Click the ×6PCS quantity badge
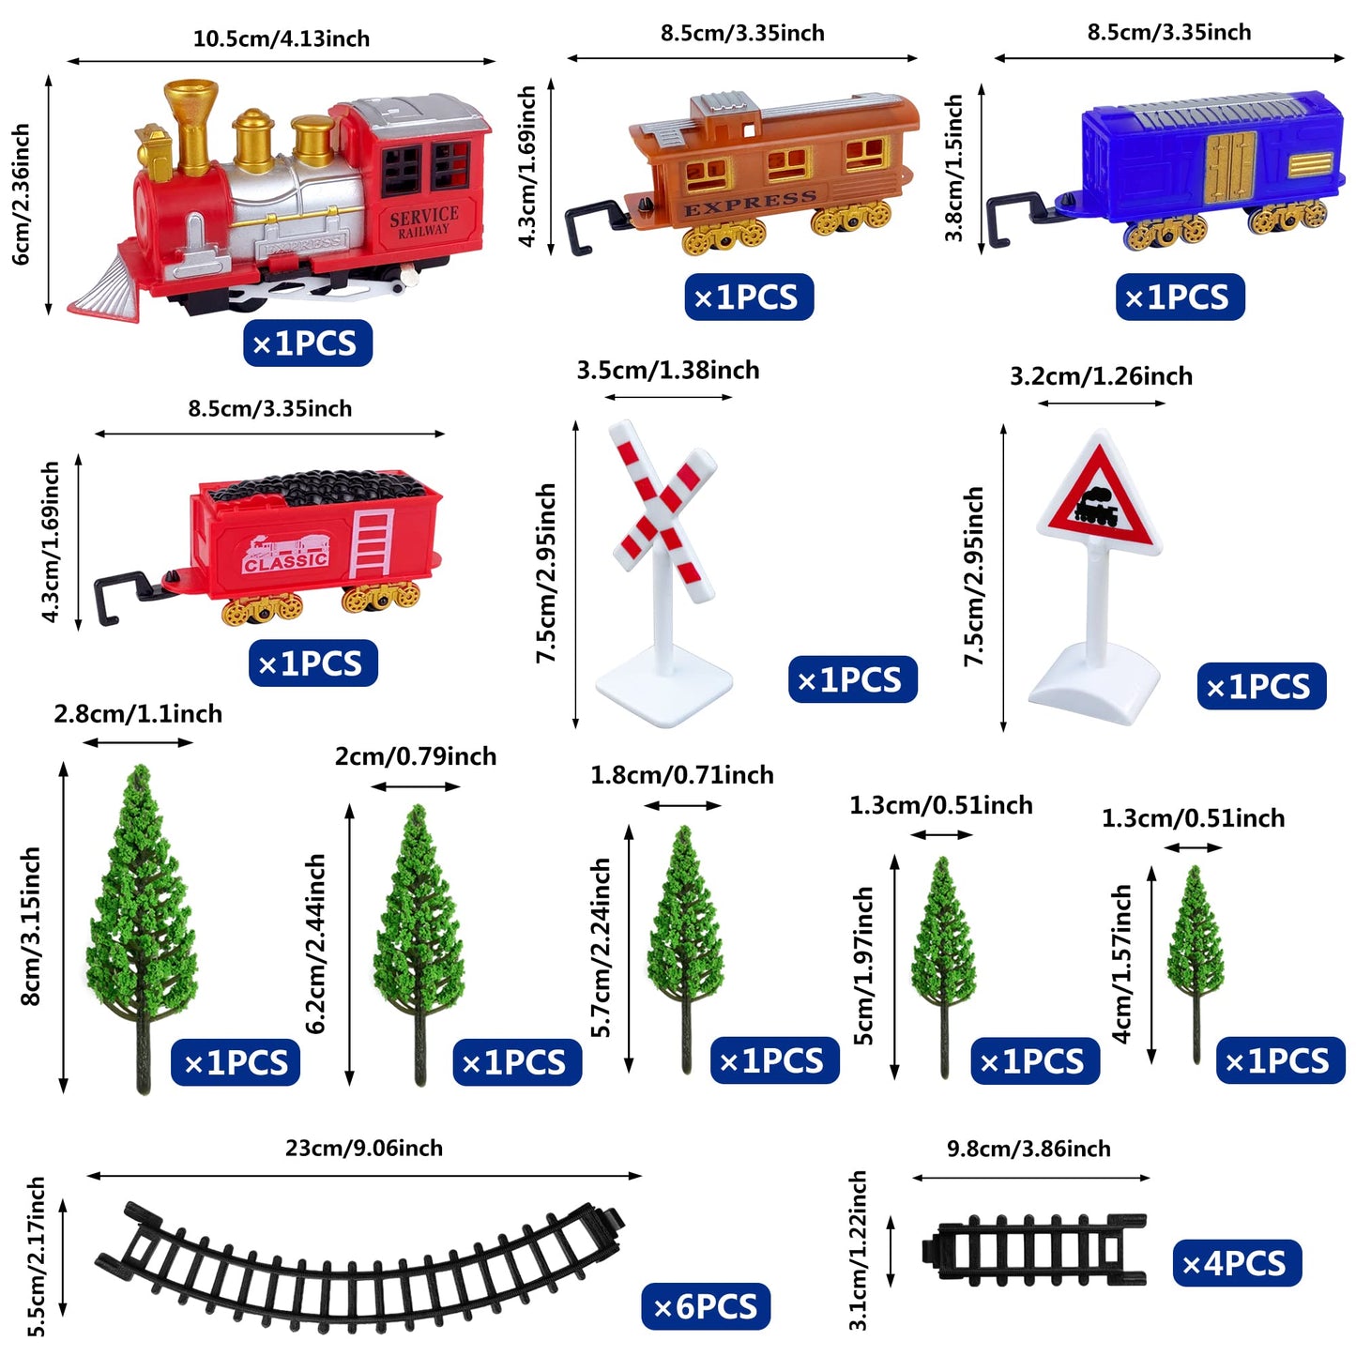tap(705, 1306)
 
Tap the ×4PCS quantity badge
tap(1237, 1263)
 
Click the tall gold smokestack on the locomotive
tap(190, 127)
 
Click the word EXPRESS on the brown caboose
tap(750, 203)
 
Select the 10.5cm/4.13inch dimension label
tap(282, 38)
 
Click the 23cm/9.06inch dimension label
tap(364, 1148)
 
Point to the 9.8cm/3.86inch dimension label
tap(1028, 1149)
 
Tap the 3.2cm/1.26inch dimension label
tap(1102, 375)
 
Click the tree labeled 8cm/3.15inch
tap(142, 928)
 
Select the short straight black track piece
tap(1034, 1251)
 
